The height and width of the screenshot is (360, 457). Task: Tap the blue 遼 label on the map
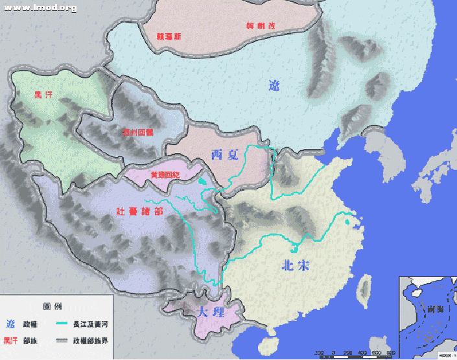[x=274, y=85]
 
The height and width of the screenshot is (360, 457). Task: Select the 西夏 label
[x=225, y=154]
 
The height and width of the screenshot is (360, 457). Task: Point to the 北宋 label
[x=296, y=265]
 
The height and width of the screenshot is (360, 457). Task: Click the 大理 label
[x=209, y=312]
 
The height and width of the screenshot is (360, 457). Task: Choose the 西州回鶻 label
[x=138, y=132]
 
